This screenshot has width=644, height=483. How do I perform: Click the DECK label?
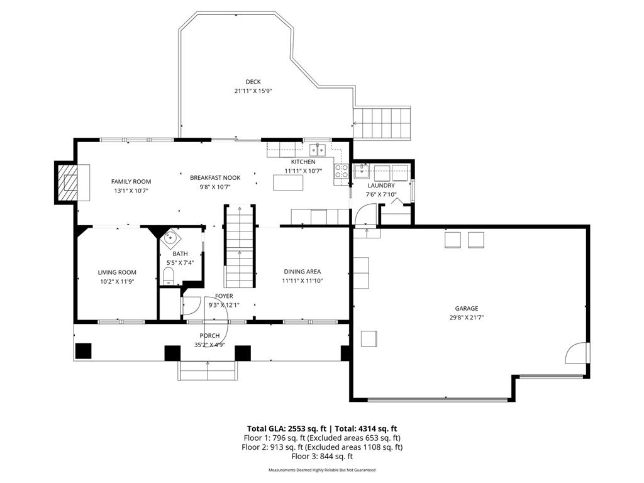pyautogui.click(x=253, y=82)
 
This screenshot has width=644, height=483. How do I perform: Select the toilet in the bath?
pyautogui.click(x=168, y=275)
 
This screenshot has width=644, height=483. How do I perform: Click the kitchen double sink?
pyautogui.click(x=317, y=150)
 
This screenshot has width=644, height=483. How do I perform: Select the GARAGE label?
pyautogui.click(x=467, y=308)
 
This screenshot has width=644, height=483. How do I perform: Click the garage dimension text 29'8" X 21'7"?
pyautogui.click(x=467, y=318)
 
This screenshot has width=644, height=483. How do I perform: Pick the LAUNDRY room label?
pyautogui.click(x=381, y=186)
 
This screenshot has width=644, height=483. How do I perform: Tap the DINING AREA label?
pyautogui.click(x=302, y=272)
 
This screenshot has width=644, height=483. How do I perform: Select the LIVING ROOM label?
pyautogui.click(x=117, y=272)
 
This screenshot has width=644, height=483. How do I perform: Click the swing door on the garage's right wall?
pyautogui.click(x=577, y=354)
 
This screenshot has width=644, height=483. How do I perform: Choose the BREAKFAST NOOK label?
pyautogui.click(x=215, y=178)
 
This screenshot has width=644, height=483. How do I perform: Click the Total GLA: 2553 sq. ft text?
pyautogui.click(x=284, y=428)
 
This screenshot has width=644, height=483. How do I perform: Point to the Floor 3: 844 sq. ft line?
pyautogui.click(x=322, y=457)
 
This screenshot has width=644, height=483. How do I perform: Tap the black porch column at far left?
pyautogui.click(x=83, y=351)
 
